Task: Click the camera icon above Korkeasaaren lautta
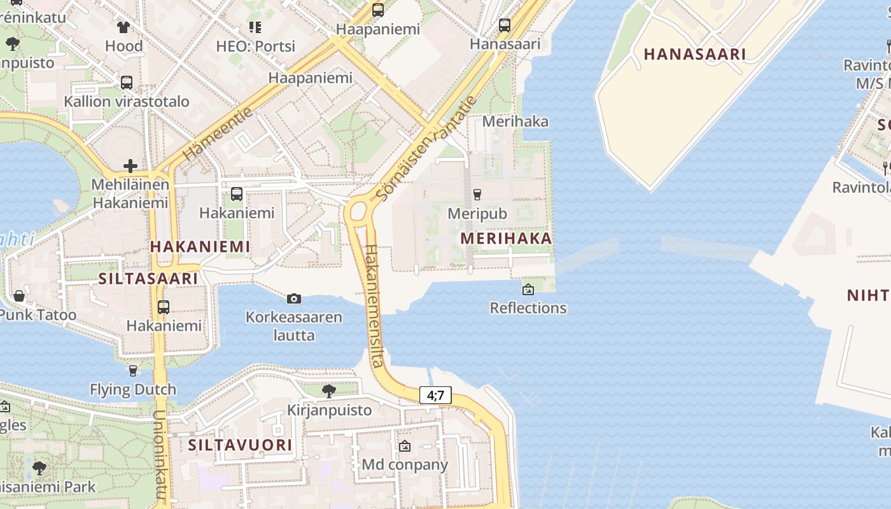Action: (293, 298)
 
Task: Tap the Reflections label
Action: (528, 308)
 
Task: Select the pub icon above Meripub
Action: (477, 195)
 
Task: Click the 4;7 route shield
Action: (435, 395)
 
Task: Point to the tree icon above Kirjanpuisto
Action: (328, 391)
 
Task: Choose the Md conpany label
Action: (405, 464)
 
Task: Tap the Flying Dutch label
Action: (133, 389)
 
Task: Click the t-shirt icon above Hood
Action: (123, 27)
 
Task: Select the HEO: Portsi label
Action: (255, 46)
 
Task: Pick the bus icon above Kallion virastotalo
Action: (126, 82)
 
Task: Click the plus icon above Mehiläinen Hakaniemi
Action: (130, 166)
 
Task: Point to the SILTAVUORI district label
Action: (240, 445)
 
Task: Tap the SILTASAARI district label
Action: (148, 279)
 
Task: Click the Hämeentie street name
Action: (217, 134)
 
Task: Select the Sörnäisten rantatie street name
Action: (426, 148)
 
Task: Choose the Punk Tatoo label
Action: (38, 315)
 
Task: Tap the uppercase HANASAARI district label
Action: (694, 54)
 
